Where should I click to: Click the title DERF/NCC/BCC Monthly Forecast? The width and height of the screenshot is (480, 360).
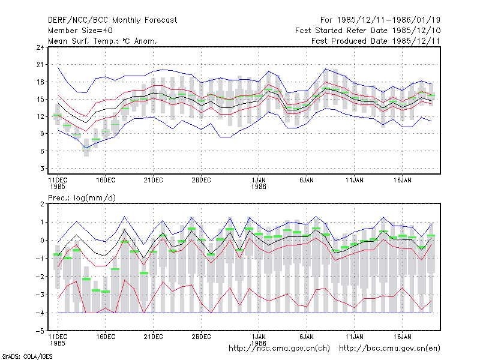click(x=112, y=20)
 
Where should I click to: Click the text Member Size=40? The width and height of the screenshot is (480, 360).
click(x=80, y=31)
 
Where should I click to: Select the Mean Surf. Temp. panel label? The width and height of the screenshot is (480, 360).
click(x=102, y=41)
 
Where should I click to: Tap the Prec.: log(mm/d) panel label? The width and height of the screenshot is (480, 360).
click(x=82, y=198)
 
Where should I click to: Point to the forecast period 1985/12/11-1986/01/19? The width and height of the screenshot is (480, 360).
click(x=380, y=20)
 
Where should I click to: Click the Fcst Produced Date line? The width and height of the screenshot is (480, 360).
click(x=376, y=41)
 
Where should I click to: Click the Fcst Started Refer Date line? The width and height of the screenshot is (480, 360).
click(x=368, y=31)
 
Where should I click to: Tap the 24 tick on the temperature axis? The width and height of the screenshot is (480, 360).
click(x=40, y=47)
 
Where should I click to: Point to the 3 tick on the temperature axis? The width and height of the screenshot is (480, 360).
click(x=42, y=169)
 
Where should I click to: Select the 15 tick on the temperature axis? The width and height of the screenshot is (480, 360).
click(x=40, y=99)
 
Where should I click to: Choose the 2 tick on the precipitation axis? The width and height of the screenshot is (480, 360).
click(x=42, y=204)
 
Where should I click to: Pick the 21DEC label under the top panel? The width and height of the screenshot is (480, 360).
click(x=154, y=180)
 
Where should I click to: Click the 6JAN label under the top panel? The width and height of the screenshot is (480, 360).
click(x=307, y=180)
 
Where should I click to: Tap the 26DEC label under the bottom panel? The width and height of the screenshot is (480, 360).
click(x=201, y=337)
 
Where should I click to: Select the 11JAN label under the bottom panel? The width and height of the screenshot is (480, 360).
click(x=354, y=337)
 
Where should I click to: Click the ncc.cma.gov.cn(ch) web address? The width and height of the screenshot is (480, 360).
click(x=279, y=349)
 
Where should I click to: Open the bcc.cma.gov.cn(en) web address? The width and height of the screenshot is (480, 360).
click(x=389, y=349)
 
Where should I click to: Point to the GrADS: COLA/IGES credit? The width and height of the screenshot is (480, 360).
click(x=27, y=356)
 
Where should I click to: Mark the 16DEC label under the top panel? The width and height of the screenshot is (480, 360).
click(x=106, y=180)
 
